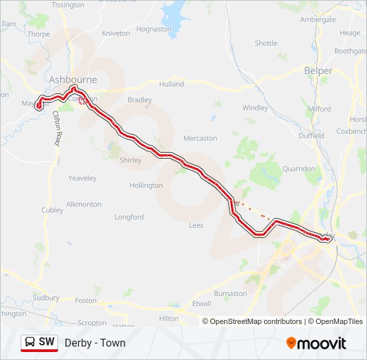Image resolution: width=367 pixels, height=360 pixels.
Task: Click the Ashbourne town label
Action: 73,79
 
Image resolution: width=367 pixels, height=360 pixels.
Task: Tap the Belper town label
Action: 318,71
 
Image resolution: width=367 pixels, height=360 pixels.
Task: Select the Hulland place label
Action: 171,85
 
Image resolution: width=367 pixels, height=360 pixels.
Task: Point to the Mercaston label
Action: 200,139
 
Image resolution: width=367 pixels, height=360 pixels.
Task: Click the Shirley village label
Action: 130,160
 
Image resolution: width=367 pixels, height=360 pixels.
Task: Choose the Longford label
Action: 129,217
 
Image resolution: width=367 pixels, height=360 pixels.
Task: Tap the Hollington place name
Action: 146,185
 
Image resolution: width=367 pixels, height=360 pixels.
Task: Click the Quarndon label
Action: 298,169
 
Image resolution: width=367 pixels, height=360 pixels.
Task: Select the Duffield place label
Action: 311,135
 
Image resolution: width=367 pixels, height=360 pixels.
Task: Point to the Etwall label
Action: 201,303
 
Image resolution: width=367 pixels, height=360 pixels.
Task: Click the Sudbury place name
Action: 46,298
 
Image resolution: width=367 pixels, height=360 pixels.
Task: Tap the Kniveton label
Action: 116,33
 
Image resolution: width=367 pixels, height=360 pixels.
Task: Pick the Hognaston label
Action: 153,29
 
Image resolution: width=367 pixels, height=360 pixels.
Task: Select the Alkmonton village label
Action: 84,204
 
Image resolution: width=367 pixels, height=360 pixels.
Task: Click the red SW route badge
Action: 39,343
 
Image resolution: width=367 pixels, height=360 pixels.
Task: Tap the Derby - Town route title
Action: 95,343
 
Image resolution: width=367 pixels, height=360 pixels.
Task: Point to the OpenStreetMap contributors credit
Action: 253,321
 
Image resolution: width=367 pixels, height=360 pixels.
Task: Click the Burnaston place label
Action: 230,293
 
